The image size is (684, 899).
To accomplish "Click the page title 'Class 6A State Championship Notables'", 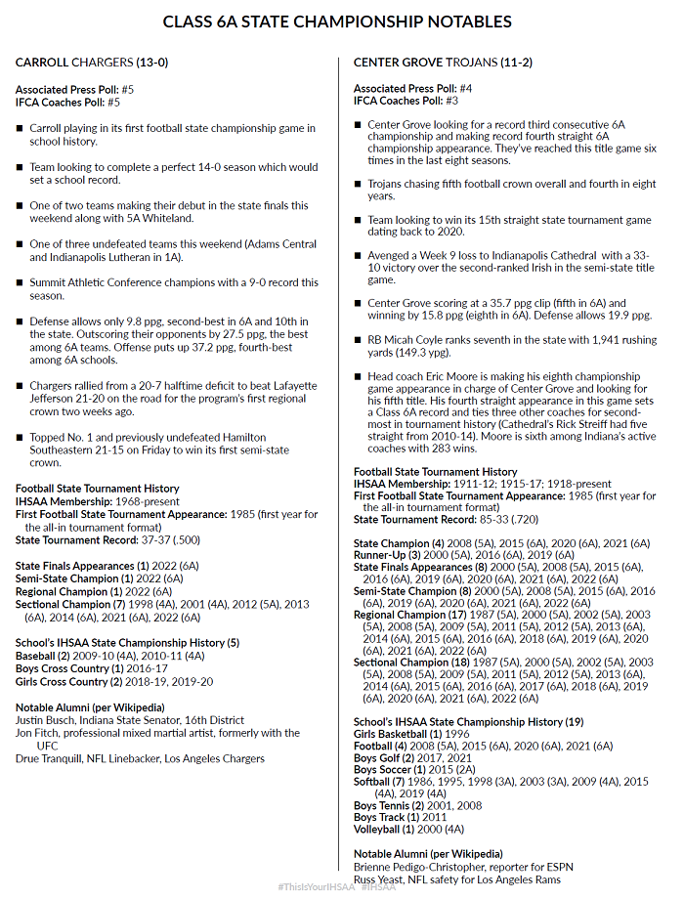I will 337,21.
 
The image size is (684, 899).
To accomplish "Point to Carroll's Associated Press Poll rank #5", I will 128,89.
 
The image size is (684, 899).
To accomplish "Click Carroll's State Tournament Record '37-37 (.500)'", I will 166,539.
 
